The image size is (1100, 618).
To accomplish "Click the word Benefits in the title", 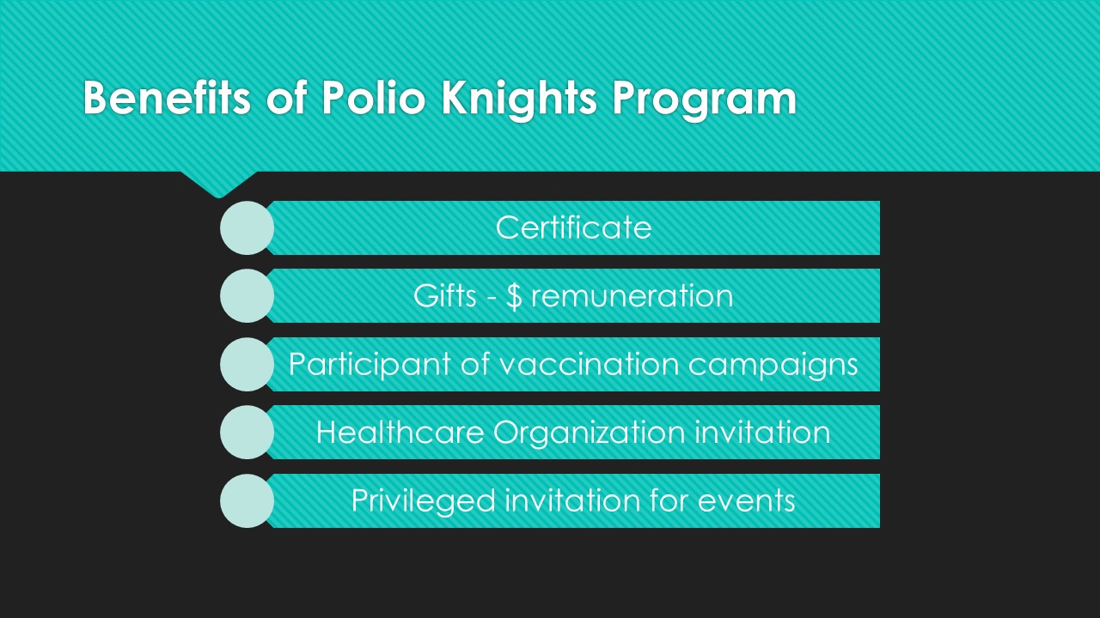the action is [x=167, y=98].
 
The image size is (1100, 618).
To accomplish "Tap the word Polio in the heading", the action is [x=373, y=98].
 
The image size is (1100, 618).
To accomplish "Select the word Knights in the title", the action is [x=519, y=100].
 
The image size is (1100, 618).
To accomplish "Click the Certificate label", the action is [x=573, y=227].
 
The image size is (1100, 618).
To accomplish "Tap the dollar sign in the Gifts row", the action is [x=514, y=297].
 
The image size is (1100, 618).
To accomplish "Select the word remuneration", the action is [x=632, y=297].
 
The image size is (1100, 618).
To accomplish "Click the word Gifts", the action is [x=445, y=296].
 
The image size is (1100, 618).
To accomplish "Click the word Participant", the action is [x=370, y=366].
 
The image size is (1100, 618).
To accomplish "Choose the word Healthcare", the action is [x=400, y=433].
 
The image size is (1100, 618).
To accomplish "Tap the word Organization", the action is [x=590, y=434].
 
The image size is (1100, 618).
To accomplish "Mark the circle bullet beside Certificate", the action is [x=247, y=228].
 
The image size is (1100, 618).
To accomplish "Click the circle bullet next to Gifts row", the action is [x=247, y=296].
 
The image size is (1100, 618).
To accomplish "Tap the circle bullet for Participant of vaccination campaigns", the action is [x=247, y=365].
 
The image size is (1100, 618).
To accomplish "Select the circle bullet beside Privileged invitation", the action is [x=247, y=500].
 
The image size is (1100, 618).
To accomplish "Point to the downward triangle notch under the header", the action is [x=219, y=184].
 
